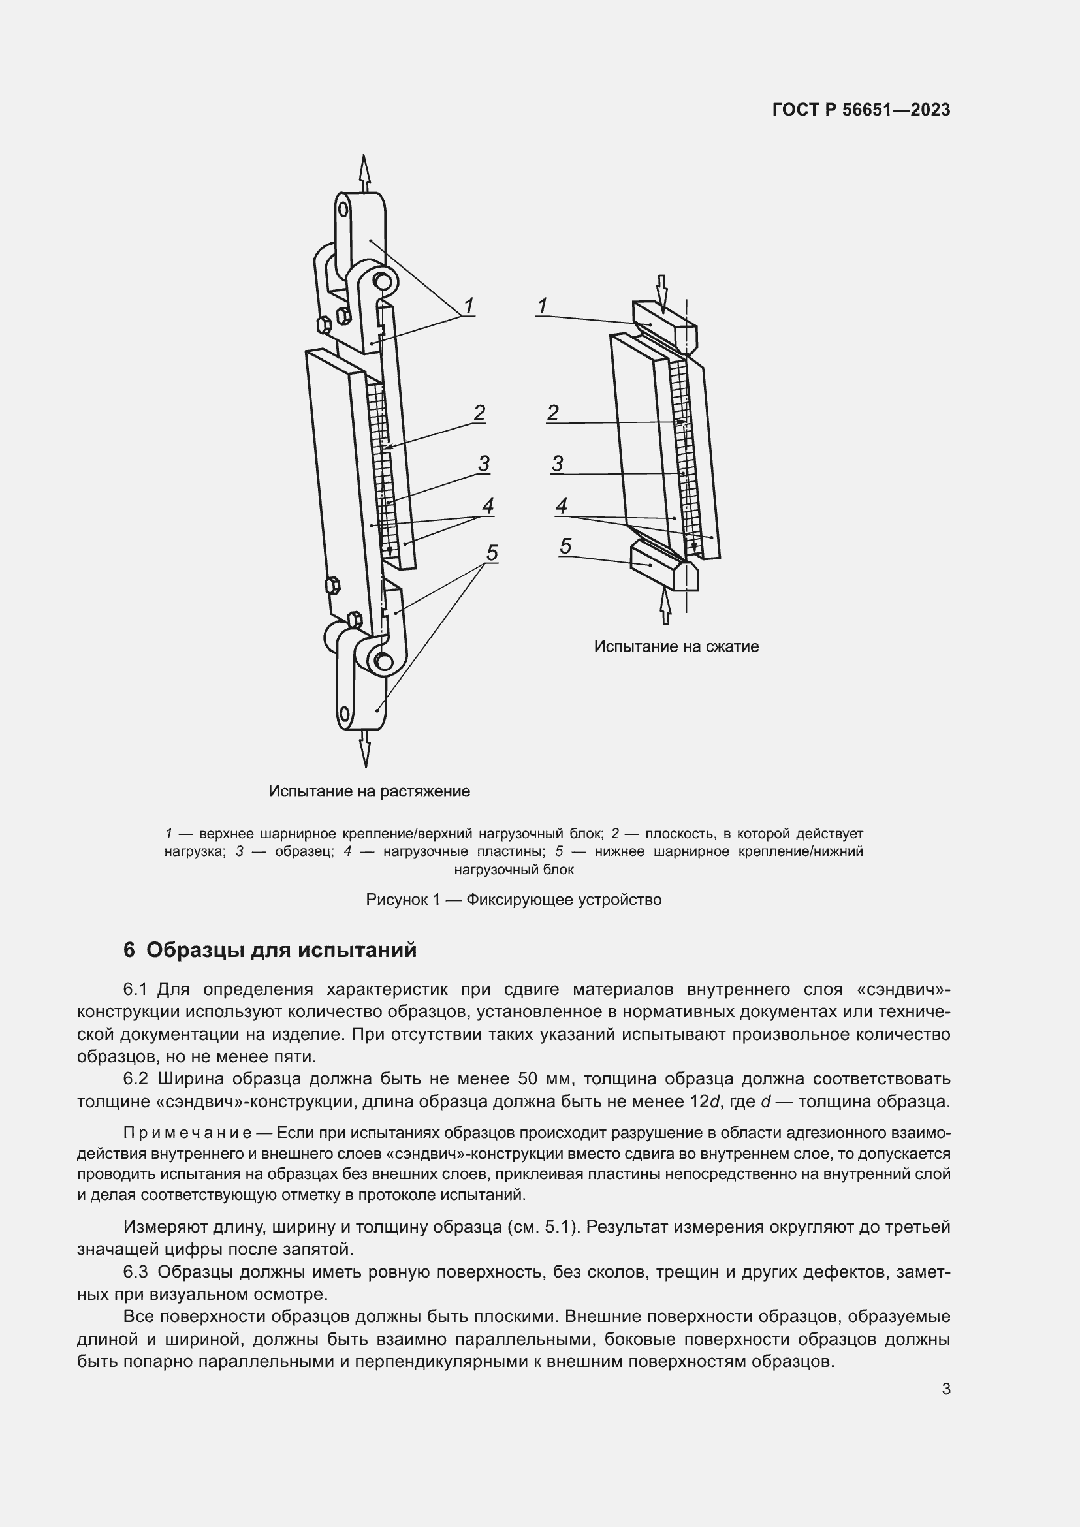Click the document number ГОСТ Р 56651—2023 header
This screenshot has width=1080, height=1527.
(x=861, y=110)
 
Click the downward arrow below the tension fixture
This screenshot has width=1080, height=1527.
(x=364, y=748)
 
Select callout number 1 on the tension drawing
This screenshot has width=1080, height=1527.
(x=468, y=306)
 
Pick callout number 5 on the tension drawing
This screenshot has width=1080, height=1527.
(x=492, y=553)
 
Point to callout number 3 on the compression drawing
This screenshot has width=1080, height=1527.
(x=557, y=464)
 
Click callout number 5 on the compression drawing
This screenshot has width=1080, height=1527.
(x=565, y=546)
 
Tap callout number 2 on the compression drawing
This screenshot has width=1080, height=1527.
(x=552, y=413)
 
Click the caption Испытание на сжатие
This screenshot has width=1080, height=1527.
(x=676, y=646)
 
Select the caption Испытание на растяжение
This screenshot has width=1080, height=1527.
(x=369, y=791)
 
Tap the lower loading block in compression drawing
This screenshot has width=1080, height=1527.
(x=662, y=565)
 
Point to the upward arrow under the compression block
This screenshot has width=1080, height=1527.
(x=664, y=606)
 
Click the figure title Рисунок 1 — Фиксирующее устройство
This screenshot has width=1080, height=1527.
(x=513, y=900)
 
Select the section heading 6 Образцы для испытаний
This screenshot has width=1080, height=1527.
(x=270, y=951)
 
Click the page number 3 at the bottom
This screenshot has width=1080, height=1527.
(x=945, y=1389)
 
